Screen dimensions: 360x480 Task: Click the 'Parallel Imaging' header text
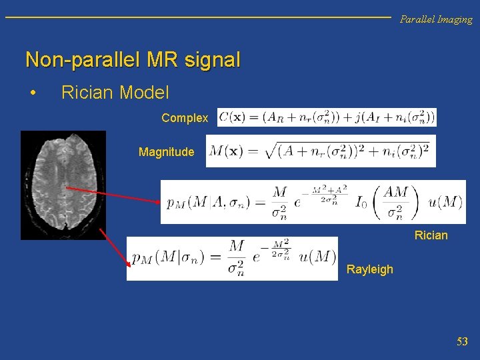click(x=436, y=19)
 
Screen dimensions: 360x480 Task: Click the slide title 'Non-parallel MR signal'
click(x=133, y=60)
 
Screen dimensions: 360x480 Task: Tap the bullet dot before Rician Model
click(x=33, y=93)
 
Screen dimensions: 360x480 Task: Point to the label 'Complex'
click(x=185, y=118)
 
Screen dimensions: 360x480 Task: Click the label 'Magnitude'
click(x=166, y=152)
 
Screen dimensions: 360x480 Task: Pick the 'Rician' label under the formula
click(x=431, y=235)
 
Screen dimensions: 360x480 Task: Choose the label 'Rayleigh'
click(x=370, y=269)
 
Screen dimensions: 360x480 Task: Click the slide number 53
click(x=462, y=342)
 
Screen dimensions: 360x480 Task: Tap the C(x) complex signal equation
click(x=327, y=117)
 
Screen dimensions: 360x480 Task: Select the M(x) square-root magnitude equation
click(x=321, y=151)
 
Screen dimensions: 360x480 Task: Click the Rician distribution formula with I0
click(x=313, y=202)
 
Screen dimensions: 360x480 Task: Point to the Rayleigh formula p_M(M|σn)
click(x=232, y=259)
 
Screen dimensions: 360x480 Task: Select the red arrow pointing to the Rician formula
click(x=113, y=195)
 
